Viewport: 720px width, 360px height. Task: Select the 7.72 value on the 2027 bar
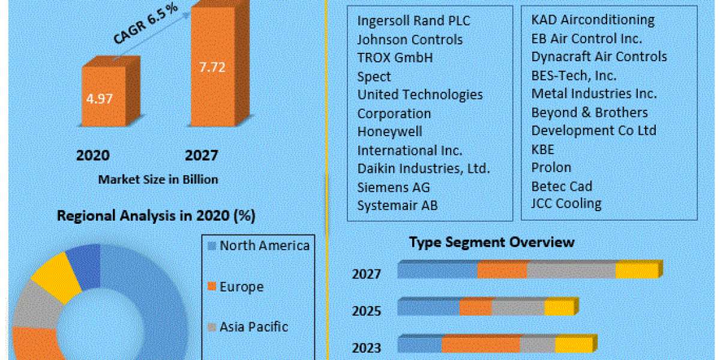212,67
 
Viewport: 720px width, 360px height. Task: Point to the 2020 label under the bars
93,155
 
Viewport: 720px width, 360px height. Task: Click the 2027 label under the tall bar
202,155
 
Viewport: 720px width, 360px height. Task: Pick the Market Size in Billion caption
158,179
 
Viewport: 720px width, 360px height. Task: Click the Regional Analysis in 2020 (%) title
160,216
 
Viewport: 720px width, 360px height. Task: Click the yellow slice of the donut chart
56,277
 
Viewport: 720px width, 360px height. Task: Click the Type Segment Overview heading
491,242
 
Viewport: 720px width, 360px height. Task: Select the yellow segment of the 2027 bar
637,271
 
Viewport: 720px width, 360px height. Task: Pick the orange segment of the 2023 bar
481,345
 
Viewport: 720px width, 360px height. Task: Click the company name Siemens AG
394,187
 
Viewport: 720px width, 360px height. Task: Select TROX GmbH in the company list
395,58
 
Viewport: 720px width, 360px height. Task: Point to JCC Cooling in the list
566,203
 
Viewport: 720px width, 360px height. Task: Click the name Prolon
551,167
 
